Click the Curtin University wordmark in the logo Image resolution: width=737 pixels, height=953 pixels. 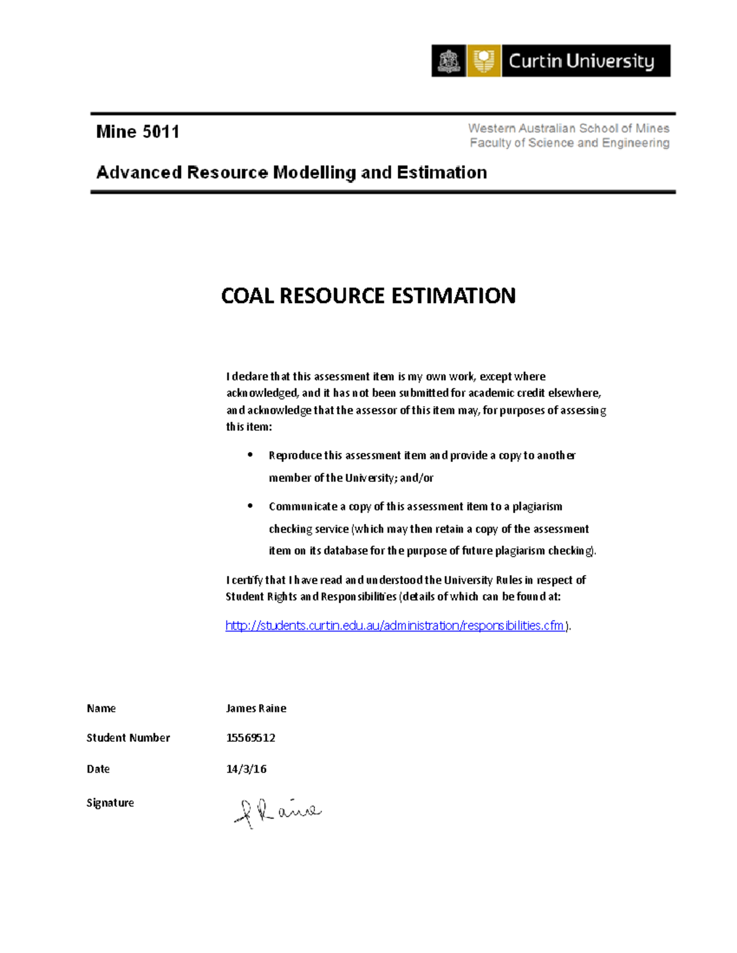[581, 61]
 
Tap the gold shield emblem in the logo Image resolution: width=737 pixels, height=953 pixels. [484, 61]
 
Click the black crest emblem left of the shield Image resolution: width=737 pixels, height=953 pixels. [448, 61]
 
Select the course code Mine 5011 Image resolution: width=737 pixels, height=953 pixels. [138, 132]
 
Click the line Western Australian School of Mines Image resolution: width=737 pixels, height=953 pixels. [568, 128]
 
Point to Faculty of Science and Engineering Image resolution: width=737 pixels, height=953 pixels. [569, 143]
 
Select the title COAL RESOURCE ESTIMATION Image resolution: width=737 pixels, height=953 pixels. [368, 296]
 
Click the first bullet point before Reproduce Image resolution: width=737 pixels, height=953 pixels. [250, 455]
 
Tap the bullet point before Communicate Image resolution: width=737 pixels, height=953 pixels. [250, 506]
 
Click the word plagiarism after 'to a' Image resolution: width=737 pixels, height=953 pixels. [537, 507]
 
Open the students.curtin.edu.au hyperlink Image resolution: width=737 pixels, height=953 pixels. [394, 625]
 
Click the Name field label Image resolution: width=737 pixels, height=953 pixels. [101, 708]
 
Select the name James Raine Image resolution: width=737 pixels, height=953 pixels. [256, 708]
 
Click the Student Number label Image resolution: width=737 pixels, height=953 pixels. [128, 738]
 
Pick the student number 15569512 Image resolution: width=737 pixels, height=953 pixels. [251, 738]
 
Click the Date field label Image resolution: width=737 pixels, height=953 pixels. [98, 769]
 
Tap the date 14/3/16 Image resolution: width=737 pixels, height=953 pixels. [246, 769]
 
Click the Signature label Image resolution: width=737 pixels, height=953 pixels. [111, 803]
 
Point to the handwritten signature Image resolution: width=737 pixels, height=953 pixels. [278, 812]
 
